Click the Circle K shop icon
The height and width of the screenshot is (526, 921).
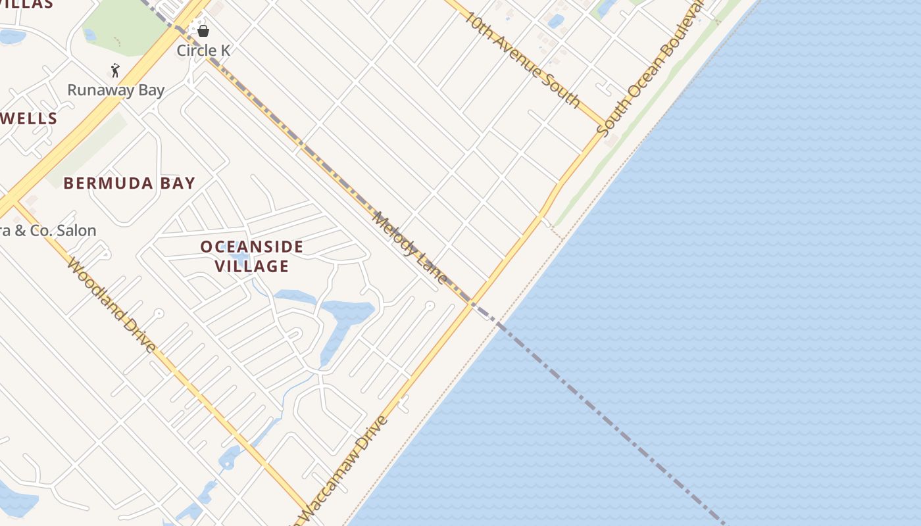click(203, 31)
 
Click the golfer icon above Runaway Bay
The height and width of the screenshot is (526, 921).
click(115, 70)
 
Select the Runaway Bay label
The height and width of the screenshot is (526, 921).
click(116, 90)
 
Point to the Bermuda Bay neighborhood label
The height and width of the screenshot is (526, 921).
click(130, 183)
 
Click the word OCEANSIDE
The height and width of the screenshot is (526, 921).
click(252, 247)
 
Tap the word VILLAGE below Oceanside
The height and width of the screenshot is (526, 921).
click(252, 266)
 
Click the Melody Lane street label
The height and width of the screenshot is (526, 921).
click(410, 248)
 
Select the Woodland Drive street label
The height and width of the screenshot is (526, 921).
click(112, 306)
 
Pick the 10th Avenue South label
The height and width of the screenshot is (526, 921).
click(522, 59)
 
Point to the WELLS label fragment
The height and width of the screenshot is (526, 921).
click(29, 119)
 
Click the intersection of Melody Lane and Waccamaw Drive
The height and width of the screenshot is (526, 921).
click(471, 302)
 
